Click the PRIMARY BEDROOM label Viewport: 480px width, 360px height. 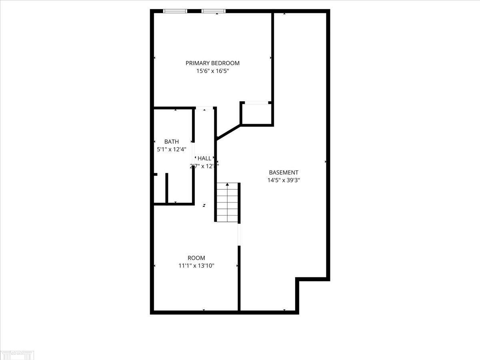pyautogui.click(x=212, y=63)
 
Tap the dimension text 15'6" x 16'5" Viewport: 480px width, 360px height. pyautogui.click(x=212, y=71)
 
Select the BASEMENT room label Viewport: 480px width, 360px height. pyautogui.click(x=284, y=172)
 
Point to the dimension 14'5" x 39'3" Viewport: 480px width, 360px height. pyautogui.click(x=284, y=180)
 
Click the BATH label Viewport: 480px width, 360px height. pyautogui.click(x=172, y=142)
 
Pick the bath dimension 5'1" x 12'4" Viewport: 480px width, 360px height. pyautogui.click(x=172, y=149)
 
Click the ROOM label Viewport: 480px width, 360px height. pyautogui.click(x=196, y=258)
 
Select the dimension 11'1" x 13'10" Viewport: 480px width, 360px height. pyautogui.click(x=196, y=266)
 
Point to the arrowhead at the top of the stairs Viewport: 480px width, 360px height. pyautogui.click(x=228, y=184)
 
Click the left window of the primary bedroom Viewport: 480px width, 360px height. pyautogui.click(x=175, y=11)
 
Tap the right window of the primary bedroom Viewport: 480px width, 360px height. pyautogui.click(x=213, y=11)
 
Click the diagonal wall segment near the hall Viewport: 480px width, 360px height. pyautogui.click(x=229, y=132)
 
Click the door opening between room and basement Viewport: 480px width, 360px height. pyautogui.click(x=239, y=234)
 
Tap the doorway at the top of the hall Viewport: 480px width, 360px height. pyautogui.click(x=204, y=108)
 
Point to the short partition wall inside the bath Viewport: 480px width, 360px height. pyautogui.click(x=167, y=188)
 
